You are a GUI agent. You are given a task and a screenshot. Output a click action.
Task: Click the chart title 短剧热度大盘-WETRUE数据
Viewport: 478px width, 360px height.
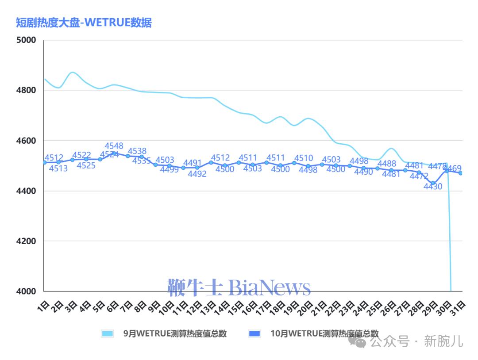point(84,23)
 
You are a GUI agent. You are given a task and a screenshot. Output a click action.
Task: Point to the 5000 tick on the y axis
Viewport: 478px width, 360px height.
point(26,40)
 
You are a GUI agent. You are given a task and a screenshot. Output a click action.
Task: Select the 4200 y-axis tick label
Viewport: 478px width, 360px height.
point(26,241)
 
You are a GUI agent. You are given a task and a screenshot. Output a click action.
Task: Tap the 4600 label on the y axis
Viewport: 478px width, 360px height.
point(26,141)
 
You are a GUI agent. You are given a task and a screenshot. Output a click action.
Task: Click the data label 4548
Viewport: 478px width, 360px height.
point(114,146)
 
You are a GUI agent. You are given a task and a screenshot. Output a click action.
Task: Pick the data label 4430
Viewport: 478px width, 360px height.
point(433,187)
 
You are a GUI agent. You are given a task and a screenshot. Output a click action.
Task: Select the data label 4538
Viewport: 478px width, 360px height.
point(137,151)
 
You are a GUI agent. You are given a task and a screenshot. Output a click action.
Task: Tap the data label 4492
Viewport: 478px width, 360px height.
point(197,174)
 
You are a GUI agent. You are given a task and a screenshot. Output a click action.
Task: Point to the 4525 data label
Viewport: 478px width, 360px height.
point(86,165)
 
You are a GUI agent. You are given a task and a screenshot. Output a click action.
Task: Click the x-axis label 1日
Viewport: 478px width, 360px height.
point(43,306)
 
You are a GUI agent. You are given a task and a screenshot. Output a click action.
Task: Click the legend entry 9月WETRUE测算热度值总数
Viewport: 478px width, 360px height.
point(174,333)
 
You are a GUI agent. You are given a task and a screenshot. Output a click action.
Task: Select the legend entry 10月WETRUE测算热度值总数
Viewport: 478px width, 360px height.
point(324,333)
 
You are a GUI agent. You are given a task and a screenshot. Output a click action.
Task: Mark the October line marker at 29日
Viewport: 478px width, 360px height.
point(433,183)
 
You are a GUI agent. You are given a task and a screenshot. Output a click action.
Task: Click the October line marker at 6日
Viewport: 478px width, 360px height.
point(114,153)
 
